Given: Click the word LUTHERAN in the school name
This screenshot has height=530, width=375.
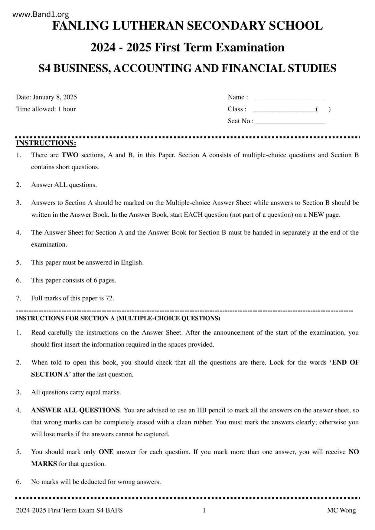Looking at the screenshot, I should [x=147, y=26].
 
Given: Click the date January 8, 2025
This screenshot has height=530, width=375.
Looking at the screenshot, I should [x=55, y=97].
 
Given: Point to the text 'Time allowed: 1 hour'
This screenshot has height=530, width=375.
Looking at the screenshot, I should [x=46, y=109].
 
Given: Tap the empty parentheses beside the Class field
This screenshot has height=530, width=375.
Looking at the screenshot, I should [x=323, y=109].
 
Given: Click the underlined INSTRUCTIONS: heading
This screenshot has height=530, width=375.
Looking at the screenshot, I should [x=46, y=143].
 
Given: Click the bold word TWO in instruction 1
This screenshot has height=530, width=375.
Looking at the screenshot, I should [x=70, y=155].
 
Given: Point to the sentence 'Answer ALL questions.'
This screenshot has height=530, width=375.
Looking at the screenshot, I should [x=64, y=185].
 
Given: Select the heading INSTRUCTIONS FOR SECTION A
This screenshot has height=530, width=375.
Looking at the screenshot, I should [x=118, y=318].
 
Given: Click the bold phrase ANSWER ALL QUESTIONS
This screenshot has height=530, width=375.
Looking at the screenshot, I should [x=76, y=410].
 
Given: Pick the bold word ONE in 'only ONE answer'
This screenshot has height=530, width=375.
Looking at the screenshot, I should [x=106, y=452].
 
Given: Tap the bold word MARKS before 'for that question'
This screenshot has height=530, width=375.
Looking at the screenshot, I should [x=44, y=464].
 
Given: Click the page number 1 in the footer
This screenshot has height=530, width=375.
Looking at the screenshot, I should [x=204, y=510].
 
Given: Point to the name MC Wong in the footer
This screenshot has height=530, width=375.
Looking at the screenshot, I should [x=341, y=510].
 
